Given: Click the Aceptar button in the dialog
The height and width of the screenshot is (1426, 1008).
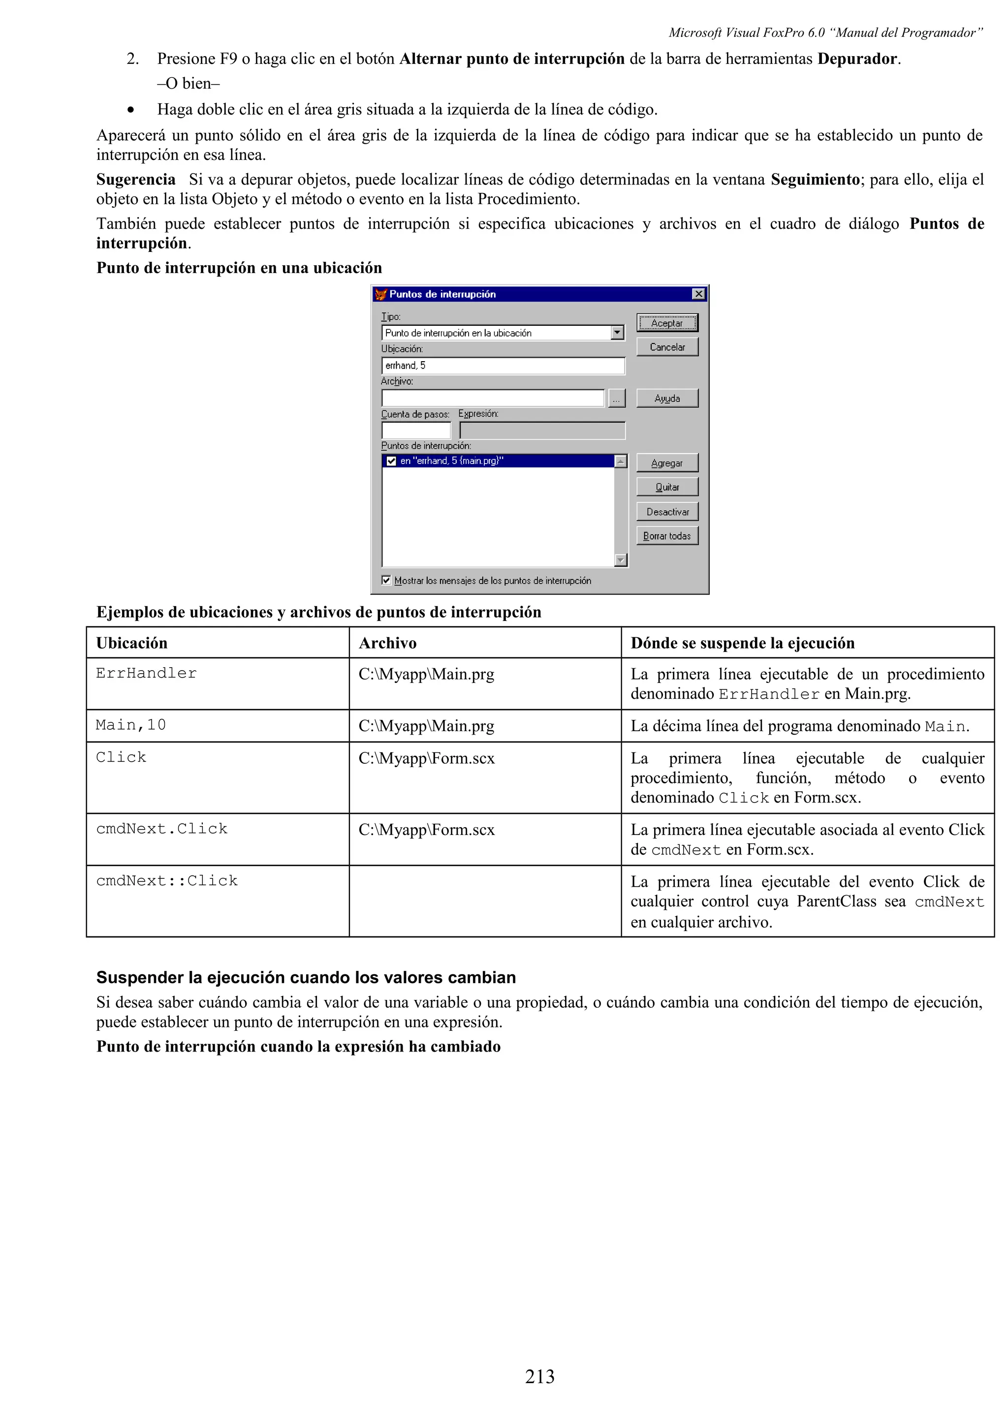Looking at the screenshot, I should [667, 323].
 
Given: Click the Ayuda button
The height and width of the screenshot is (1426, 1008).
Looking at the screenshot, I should [667, 398].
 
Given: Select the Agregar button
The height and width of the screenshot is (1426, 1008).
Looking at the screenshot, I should [667, 463].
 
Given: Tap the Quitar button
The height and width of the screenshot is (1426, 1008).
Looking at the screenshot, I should [667, 487].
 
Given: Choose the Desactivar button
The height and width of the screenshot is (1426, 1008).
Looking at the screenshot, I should [667, 512].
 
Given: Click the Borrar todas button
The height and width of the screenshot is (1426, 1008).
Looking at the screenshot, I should [667, 536].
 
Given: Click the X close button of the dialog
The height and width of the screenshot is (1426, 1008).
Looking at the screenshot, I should [699, 294].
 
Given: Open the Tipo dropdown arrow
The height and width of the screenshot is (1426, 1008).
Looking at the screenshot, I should [617, 333].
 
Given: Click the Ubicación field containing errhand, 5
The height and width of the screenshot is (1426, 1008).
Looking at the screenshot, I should [503, 366].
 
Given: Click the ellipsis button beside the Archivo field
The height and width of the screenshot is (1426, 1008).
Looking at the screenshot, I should [616, 399].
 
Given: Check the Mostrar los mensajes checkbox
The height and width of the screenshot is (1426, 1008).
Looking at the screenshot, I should [386, 580].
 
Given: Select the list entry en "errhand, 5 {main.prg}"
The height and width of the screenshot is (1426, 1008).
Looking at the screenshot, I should [451, 461].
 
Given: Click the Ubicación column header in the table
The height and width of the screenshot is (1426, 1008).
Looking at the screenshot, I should [132, 643].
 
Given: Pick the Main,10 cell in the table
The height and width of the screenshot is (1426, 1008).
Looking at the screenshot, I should [131, 725].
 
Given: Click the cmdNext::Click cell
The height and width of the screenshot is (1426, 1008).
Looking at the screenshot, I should [166, 881].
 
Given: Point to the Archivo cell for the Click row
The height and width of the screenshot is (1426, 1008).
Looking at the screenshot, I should [427, 758].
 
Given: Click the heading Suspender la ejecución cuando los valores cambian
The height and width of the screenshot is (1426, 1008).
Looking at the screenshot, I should [306, 978].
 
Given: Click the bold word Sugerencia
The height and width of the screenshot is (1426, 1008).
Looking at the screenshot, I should [135, 180].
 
